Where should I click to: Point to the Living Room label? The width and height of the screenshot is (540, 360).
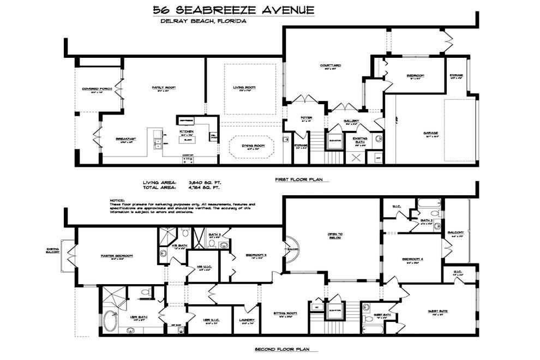click(244, 87)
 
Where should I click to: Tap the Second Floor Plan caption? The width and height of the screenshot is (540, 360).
click(286, 350)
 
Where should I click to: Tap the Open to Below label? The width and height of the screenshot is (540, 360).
click(334, 236)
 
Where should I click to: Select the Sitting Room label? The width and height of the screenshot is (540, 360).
click(285, 313)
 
